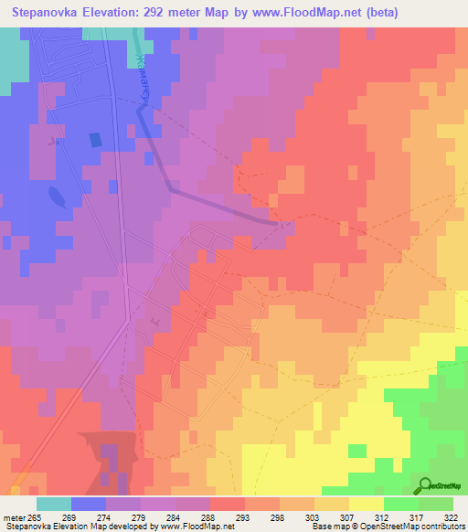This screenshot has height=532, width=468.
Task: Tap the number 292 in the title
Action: pyautogui.click(x=161, y=13)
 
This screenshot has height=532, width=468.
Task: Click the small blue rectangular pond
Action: pyautogui.click(x=95, y=140)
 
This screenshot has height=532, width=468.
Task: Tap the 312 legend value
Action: pyautogui.click(x=385, y=516)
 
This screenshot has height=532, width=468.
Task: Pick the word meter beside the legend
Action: pyautogui.click(x=13, y=516)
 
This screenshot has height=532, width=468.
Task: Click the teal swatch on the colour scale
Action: pyautogui.click(x=54, y=504)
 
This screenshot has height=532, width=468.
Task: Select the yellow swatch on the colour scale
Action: pyautogui.click(x=367, y=504)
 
